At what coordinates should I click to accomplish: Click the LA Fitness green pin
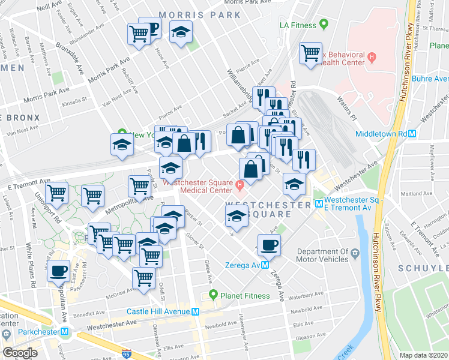tap(324, 25)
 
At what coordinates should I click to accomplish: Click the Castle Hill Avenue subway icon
tap(194, 311)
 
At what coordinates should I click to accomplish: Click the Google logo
tap(20, 352)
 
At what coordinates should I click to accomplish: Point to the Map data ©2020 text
tap(423, 355)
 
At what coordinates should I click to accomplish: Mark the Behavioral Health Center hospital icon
tap(372, 57)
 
